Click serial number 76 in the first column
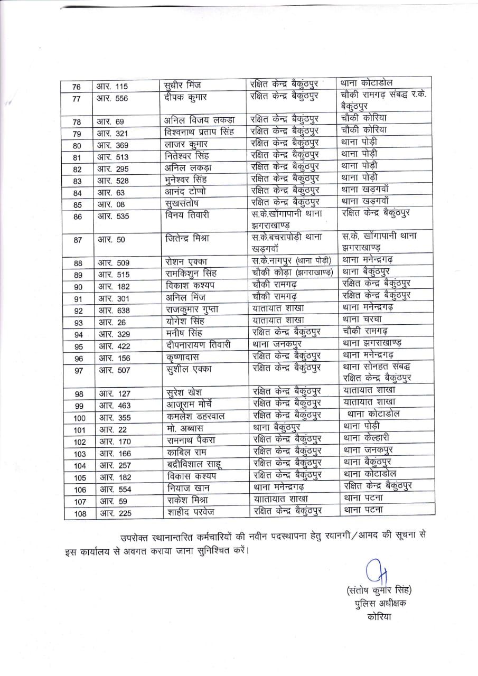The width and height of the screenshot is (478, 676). tap(77, 87)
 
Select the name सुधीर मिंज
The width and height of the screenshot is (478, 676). tap(183, 86)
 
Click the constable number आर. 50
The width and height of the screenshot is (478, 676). tap(111, 240)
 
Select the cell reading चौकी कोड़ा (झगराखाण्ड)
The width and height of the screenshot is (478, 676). tap(292, 273)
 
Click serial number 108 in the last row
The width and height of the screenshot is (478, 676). tap(80, 512)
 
